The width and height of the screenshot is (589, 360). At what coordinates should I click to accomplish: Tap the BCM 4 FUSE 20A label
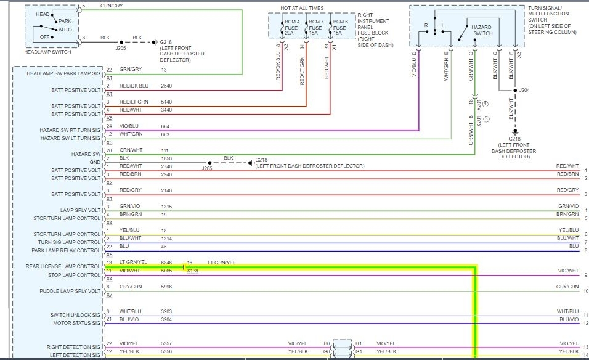pos(291,28)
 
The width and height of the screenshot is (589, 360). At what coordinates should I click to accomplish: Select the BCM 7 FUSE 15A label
pos(315,28)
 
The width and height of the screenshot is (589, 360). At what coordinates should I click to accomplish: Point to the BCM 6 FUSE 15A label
pos(339,28)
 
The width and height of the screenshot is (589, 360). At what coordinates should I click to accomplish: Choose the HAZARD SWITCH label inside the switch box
pos(481,30)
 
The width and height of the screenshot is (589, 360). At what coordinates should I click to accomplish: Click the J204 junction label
pos(524,90)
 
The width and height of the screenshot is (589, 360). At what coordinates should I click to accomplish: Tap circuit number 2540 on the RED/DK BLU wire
pos(166,86)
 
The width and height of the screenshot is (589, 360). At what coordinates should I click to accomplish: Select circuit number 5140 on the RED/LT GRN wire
pos(166,102)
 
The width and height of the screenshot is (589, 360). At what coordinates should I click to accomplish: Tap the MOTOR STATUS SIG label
pos(77,323)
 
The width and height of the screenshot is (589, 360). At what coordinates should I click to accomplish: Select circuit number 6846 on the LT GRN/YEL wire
pos(166,263)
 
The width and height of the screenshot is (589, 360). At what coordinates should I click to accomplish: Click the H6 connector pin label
pos(327,343)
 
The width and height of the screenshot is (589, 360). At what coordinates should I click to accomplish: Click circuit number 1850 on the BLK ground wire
pos(166,158)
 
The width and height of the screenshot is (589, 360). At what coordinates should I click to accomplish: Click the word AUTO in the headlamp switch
pos(65,29)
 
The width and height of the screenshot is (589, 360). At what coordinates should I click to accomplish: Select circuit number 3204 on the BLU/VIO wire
pos(166,319)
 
